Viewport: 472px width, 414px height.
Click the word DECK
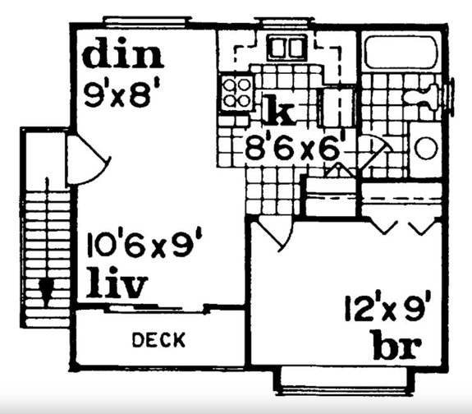coord(158,339)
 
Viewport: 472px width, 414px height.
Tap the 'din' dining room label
coord(123,57)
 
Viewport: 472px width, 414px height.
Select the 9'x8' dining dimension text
coord(121,95)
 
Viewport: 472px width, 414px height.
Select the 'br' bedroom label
coord(396,345)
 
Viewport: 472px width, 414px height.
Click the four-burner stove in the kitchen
coord(236,93)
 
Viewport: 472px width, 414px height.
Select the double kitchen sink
coord(286,47)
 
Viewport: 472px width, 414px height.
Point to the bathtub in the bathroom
coord(401,53)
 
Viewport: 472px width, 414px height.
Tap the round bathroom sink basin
coord(426,148)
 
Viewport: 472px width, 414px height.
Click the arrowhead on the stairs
coord(47,290)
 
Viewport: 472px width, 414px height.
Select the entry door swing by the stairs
coord(88,159)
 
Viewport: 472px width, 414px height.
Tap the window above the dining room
coord(147,21)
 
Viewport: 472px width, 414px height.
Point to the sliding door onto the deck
coord(156,309)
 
